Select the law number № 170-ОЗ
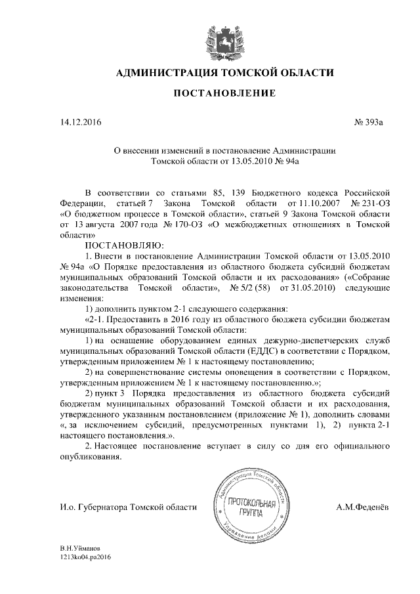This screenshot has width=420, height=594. pyautogui.click(x=177, y=224)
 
